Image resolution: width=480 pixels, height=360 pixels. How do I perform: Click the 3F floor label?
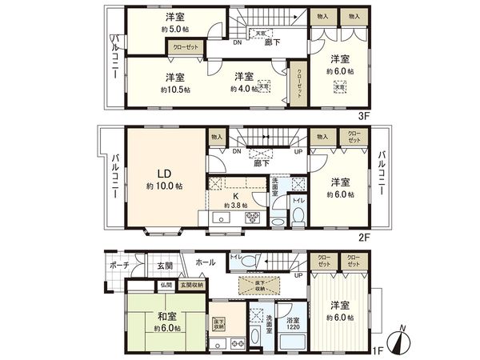coord(364,115)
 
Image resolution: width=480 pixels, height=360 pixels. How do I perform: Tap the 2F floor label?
coord(364,237)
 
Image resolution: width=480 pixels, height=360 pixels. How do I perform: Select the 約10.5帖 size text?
coord(174,89)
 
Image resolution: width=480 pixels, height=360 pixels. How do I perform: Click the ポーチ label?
coord(119,265)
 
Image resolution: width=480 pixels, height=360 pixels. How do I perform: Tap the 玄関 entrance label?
coord(165,265)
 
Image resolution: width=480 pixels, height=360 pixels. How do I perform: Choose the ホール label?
coord(205,262)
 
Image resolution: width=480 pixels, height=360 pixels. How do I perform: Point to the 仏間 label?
coord(166,284)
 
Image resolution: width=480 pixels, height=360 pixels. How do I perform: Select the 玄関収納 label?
coord(191,284)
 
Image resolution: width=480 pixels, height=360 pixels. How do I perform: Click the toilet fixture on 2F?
coord(297,216)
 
